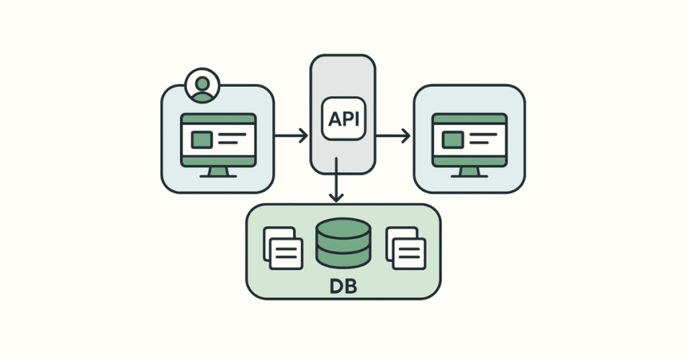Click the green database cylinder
[343, 244]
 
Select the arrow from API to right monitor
[393, 136]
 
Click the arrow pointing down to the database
[337, 185]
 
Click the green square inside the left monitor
[202, 140]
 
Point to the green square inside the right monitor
[452, 140]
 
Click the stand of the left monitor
[218, 172]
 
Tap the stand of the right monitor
[469, 172]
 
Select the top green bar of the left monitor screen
[218, 120]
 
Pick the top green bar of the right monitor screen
[469, 120]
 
